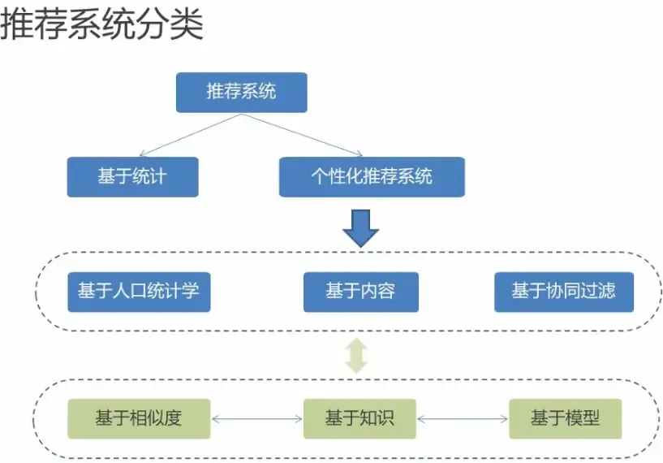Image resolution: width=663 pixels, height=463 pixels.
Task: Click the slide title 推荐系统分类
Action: click(101, 24)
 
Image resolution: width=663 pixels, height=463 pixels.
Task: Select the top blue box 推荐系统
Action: click(242, 92)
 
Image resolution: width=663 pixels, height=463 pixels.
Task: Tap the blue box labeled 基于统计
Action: click(132, 176)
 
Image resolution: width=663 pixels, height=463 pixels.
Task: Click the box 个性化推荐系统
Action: click(372, 176)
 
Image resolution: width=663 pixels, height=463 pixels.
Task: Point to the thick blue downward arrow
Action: click(361, 227)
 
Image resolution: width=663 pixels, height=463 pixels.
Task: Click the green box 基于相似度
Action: click(139, 418)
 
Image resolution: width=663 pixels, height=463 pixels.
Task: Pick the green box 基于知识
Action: click(359, 418)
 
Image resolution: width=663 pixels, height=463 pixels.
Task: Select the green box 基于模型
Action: click(565, 418)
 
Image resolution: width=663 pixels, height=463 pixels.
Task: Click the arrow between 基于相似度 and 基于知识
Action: click(257, 419)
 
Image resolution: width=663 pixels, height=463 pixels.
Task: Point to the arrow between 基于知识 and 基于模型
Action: click(463, 419)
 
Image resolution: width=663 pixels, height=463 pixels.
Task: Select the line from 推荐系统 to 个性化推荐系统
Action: click(302, 134)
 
